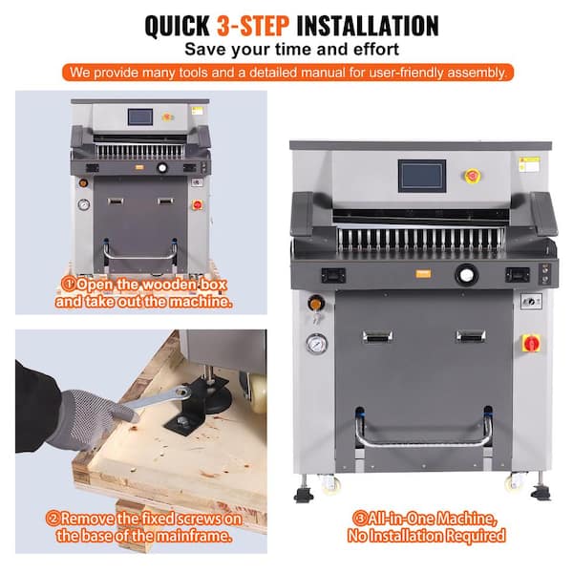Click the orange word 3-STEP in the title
[x=253, y=26]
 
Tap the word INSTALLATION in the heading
[x=368, y=26]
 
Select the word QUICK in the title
[x=178, y=27]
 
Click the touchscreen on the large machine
[x=422, y=176]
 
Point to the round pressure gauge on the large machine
[x=316, y=344]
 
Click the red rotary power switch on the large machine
[x=531, y=343]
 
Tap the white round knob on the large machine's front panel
[x=466, y=275]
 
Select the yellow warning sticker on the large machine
[x=529, y=164]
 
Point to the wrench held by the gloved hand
[x=159, y=398]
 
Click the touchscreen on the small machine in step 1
[x=140, y=117]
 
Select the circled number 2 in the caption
[x=53, y=519]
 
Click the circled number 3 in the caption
[x=360, y=519]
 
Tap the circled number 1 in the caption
[x=68, y=284]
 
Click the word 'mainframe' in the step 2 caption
[x=193, y=536]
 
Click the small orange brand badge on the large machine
[x=423, y=274]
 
